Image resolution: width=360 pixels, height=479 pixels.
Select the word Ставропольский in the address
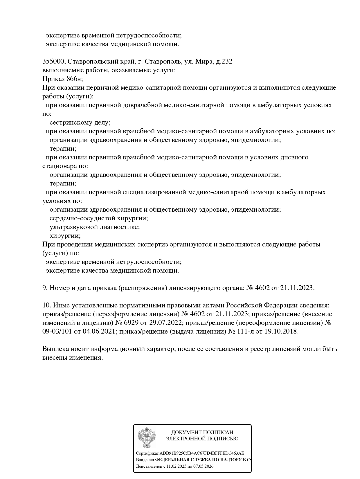click(x=92, y=62)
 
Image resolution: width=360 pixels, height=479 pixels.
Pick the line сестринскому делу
click(x=80, y=123)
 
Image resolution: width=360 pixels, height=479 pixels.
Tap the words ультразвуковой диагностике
click(x=95, y=227)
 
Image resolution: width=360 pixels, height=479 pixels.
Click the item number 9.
click(x=45, y=288)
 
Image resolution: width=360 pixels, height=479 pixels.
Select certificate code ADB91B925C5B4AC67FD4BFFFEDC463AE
click(x=202, y=453)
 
